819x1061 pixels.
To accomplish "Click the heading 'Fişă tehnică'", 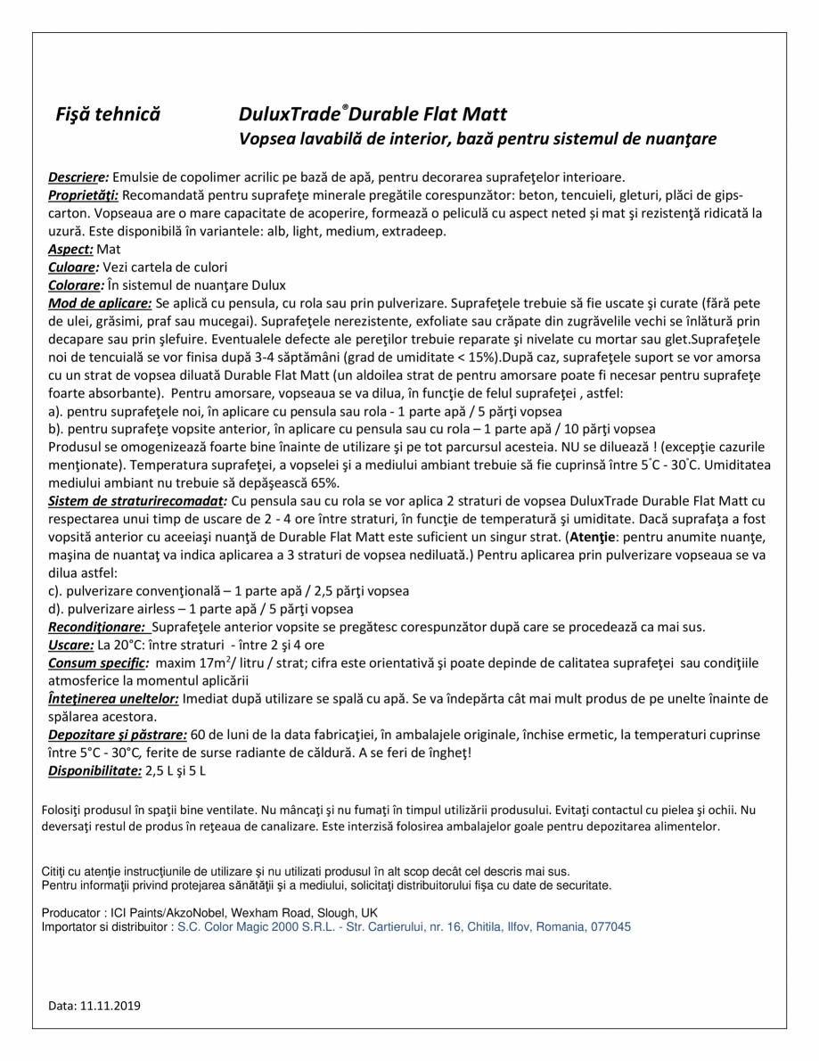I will point(108,114).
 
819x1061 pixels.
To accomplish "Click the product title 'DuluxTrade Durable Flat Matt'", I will point(373,114).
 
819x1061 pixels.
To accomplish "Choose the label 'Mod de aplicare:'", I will point(100,303).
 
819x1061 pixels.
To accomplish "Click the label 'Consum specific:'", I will point(98,662).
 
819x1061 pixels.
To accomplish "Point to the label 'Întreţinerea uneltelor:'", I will point(113,699).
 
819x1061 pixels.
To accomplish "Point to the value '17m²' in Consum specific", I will point(214,662).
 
